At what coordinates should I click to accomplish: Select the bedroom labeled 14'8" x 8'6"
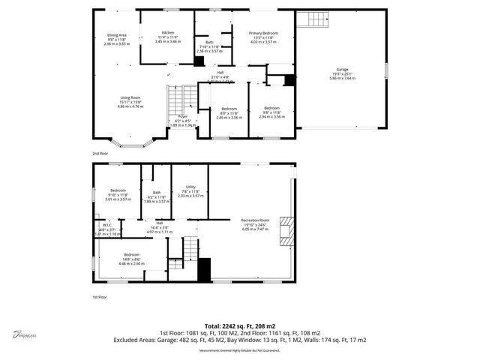point(131,259)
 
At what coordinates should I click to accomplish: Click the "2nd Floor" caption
point(100,153)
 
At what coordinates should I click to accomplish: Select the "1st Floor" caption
point(99,297)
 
